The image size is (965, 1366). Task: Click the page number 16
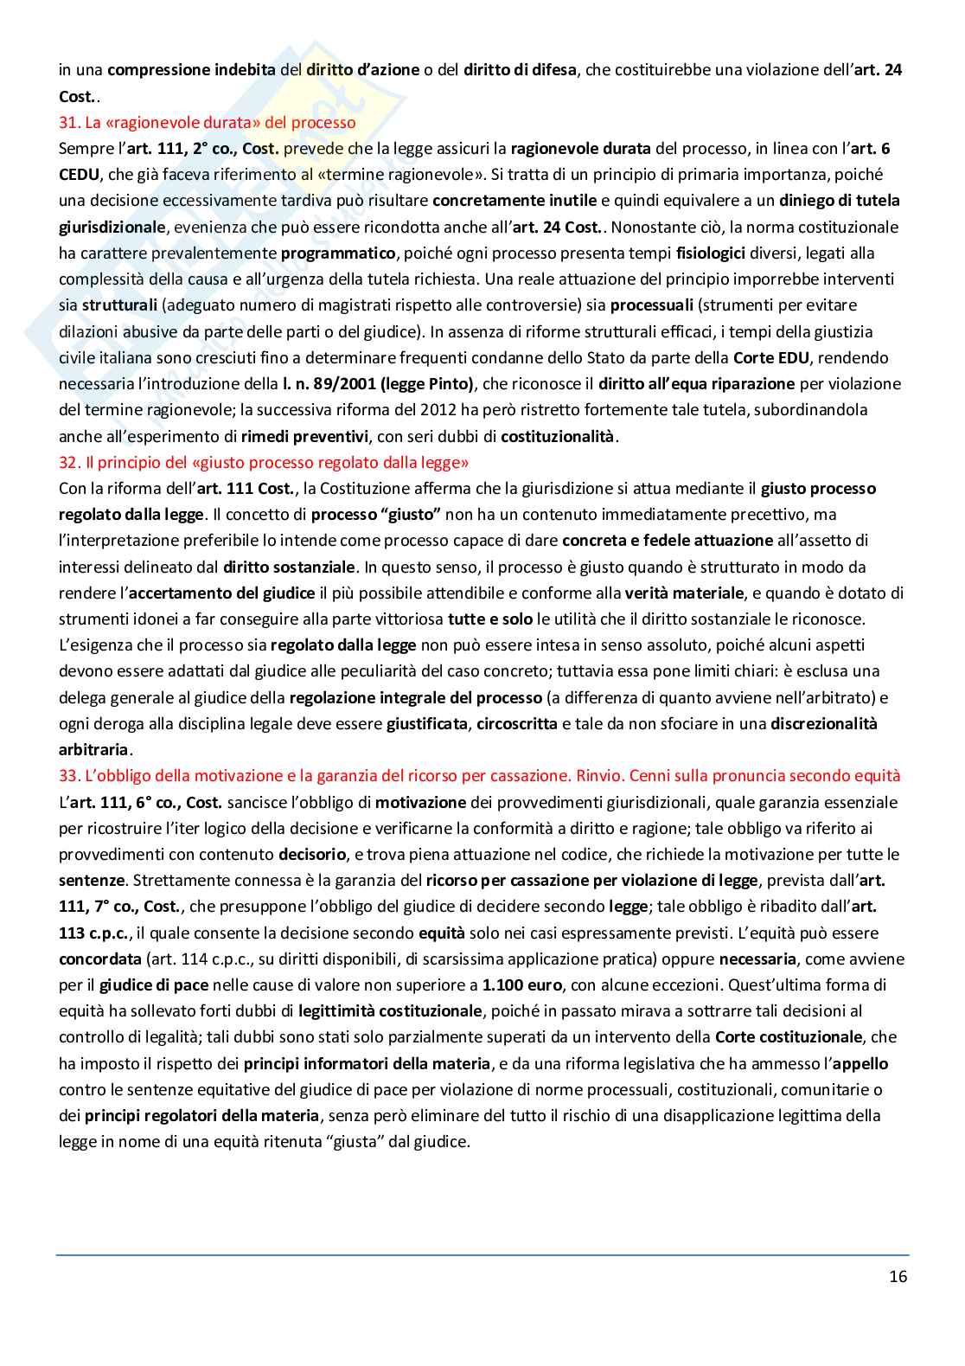coord(898,1276)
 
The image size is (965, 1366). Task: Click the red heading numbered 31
coord(208,122)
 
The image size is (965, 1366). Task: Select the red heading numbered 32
coord(264,462)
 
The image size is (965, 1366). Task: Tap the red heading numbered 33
coord(480,775)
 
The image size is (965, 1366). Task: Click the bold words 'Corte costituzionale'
coord(789,1036)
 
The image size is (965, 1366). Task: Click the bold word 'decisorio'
coord(312,854)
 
